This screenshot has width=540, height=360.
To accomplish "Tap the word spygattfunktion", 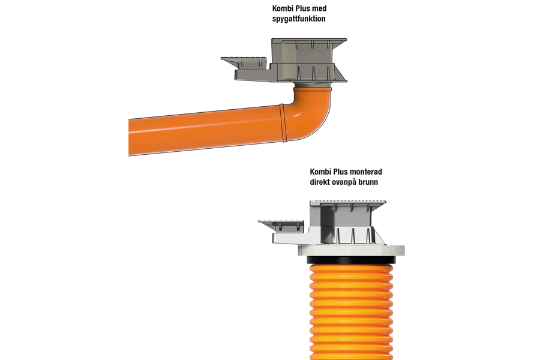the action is [x=299, y=19].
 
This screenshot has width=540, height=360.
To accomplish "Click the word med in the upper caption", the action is [x=320, y=8].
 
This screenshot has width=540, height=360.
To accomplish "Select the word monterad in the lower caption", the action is [x=366, y=172].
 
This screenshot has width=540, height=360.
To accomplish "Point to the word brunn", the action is [x=368, y=182].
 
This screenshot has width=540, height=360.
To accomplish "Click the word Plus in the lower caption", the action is [x=341, y=172].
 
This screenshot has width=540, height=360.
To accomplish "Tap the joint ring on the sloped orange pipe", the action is [x=283, y=122].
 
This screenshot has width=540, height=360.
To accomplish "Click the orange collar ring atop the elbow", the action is [x=313, y=89].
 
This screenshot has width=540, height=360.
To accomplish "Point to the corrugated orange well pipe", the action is [x=351, y=312].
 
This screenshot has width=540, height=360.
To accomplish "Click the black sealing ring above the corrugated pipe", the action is [x=351, y=260].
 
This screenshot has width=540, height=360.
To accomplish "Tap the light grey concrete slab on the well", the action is [x=351, y=250].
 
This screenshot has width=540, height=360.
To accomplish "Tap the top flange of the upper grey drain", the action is [x=309, y=40].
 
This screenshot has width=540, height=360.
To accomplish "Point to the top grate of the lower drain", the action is [x=348, y=202].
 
